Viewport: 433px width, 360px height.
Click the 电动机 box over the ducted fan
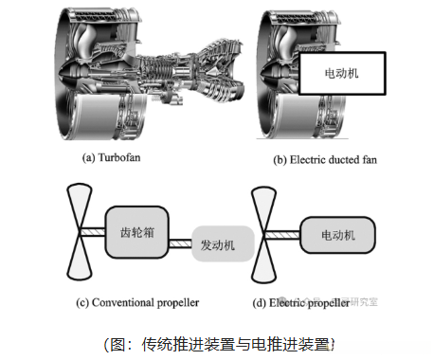pyautogui.click(x=343, y=72)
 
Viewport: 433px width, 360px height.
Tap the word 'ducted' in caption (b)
pyautogui.click(x=335, y=160)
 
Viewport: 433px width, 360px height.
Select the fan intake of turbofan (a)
pyautogui.click(x=71, y=76)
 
